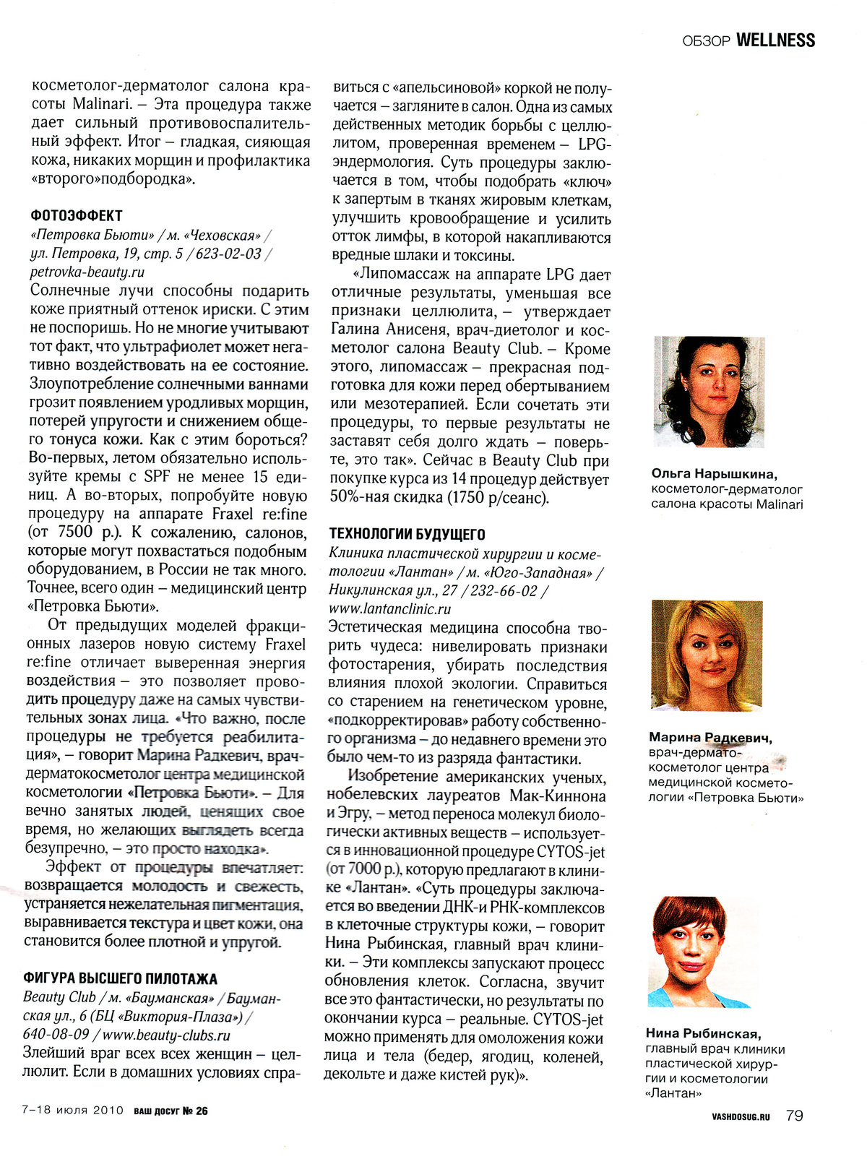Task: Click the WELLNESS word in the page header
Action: tap(775, 40)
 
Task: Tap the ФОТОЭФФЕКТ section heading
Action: tap(77, 215)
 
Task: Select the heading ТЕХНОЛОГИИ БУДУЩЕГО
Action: tap(407, 534)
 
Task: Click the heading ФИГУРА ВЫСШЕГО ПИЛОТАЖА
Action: tap(120, 979)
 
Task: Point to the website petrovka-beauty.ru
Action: tap(87, 272)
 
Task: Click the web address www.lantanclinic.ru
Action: tap(389, 609)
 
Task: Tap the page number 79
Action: tap(794, 1116)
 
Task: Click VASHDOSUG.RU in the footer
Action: tap(741, 1116)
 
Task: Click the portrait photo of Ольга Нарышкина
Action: tap(709, 392)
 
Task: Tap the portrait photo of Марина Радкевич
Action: tap(707, 656)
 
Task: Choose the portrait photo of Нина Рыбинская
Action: tap(700, 952)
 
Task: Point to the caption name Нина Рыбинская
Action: tap(704, 1034)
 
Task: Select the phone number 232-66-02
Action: tap(504, 590)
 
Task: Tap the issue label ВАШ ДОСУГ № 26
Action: tap(171, 1111)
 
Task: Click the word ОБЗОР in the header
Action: tap(705, 41)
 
